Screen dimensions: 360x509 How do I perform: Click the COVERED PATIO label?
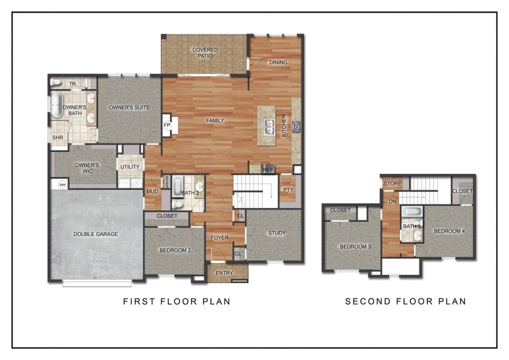pyautogui.click(x=204, y=53)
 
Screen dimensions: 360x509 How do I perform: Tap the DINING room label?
pyautogui.click(x=278, y=62)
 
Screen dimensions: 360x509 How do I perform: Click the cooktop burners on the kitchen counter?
pyautogui.click(x=297, y=126)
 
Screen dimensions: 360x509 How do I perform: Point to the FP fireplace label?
pyautogui.click(x=167, y=125)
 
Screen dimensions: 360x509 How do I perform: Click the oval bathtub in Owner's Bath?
pyautogui.click(x=58, y=106)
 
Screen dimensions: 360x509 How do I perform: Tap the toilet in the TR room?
pyautogui.click(x=56, y=82)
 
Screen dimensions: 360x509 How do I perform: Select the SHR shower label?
pyautogui.click(x=58, y=137)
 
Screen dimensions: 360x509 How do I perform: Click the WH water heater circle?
pyautogui.click(x=62, y=185)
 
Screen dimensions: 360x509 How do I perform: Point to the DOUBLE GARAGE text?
pyautogui.click(x=95, y=234)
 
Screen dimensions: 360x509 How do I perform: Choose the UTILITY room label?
pyautogui.click(x=129, y=167)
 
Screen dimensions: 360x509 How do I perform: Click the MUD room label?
pyautogui.click(x=152, y=191)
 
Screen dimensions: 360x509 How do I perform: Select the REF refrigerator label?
pyautogui.click(x=268, y=170)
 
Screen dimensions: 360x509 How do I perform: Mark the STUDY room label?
pyautogui.click(x=276, y=233)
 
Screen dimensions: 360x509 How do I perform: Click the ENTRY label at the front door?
pyautogui.click(x=224, y=273)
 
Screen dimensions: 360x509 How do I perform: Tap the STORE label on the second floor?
pyautogui.click(x=392, y=184)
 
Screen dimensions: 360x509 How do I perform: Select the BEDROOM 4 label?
pyautogui.click(x=448, y=231)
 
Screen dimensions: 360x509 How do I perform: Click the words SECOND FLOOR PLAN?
pyautogui.click(x=405, y=301)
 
